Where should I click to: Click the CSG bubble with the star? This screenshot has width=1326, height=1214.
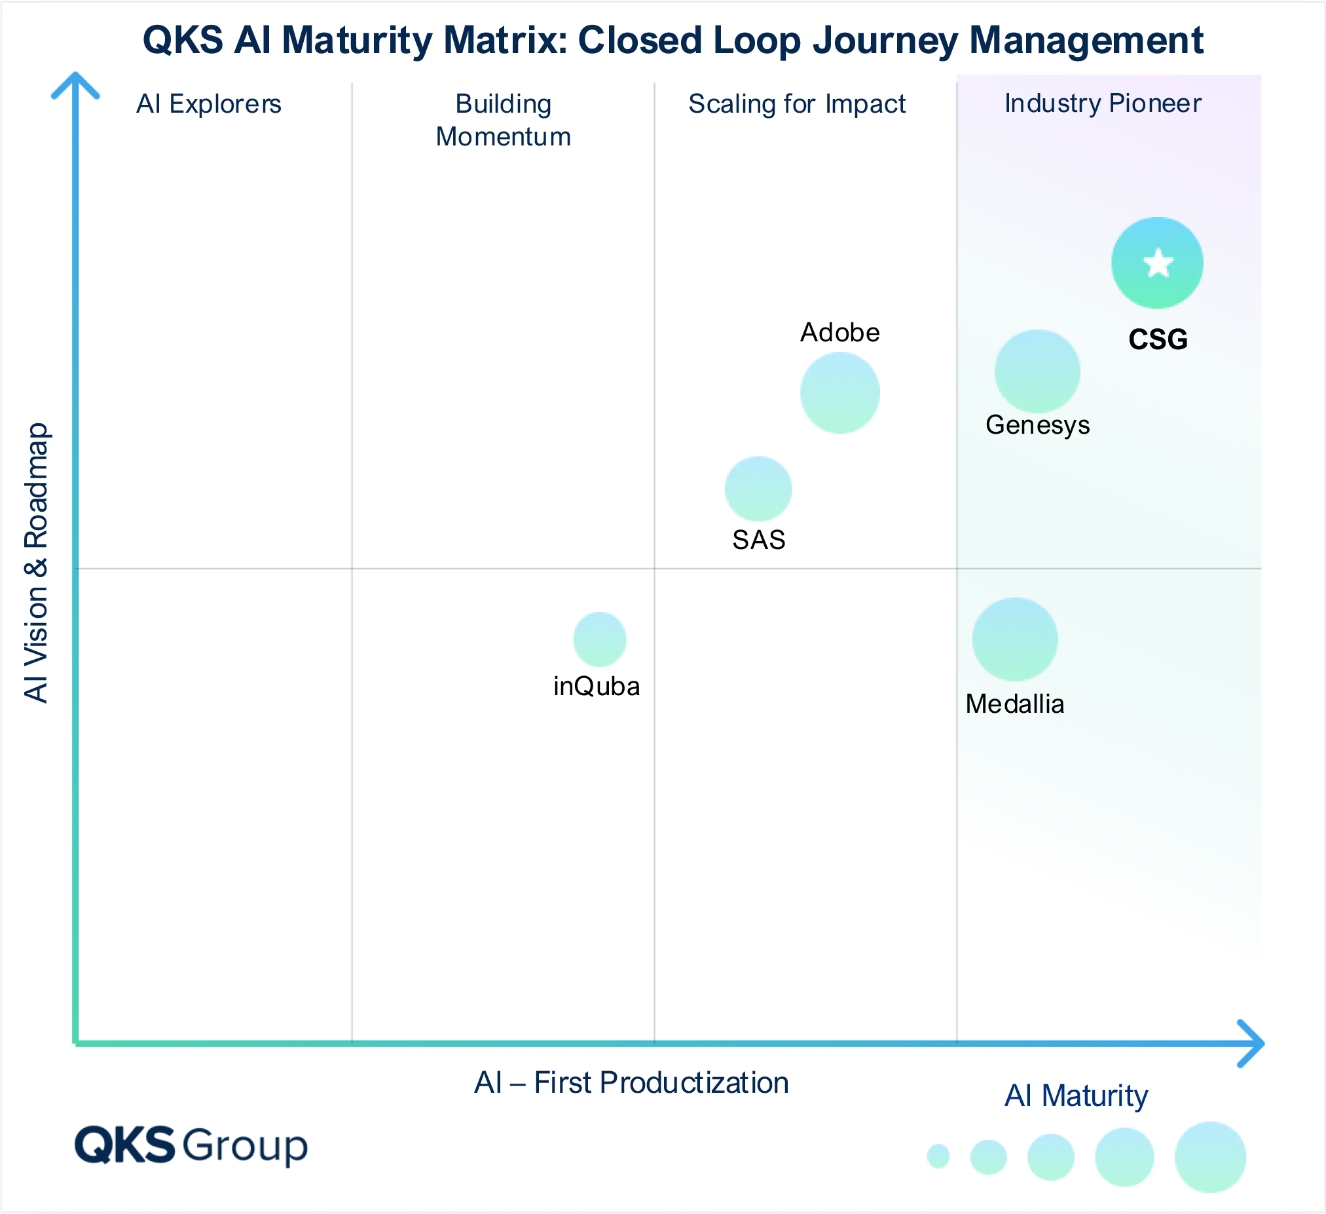click(x=1157, y=283)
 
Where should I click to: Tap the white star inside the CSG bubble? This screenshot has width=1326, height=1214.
click(x=1158, y=263)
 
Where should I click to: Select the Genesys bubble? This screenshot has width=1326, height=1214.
click(x=1037, y=371)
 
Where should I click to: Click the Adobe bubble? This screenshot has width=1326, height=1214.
click(x=840, y=393)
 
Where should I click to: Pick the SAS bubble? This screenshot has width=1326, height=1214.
click(x=758, y=489)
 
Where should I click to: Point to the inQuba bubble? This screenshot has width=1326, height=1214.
click(x=599, y=639)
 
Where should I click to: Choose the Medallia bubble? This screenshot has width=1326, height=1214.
click(x=1015, y=639)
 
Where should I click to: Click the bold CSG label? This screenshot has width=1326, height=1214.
click(x=1158, y=339)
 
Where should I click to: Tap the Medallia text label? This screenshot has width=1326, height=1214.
click(x=1014, y=704)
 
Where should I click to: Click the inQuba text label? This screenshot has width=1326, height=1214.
click(x=597, y=687)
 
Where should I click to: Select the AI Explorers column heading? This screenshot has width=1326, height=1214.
click(x=208, y=104)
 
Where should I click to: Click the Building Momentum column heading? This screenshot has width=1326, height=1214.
click(x=503, y=121)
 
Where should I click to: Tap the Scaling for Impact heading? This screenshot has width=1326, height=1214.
click(x=796, y=104)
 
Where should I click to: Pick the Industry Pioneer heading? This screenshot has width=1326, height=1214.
click(x=1102, y=104)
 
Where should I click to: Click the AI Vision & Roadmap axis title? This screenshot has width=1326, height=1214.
click(x=36, y=563)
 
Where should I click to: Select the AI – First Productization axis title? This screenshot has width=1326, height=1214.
click(x=631, y=1082)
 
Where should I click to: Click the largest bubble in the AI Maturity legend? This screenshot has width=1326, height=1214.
click(x=1209, y=1157)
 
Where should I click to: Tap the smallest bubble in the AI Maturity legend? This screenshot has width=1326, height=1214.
click(x=938, y=1156)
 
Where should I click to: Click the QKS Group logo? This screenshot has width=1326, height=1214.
click(x=191, y=1146)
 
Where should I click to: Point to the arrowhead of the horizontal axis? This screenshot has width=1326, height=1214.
click(x=1253, y=1044)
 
